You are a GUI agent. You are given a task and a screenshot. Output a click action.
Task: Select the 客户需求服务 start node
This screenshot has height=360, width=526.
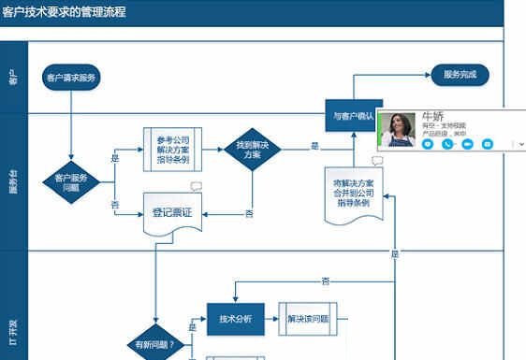71,77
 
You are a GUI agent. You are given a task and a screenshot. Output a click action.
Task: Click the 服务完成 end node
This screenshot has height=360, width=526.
460,75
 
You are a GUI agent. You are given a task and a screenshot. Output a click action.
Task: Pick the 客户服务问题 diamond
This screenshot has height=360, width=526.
71,181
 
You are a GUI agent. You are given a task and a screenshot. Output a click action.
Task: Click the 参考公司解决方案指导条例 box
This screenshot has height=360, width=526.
172,146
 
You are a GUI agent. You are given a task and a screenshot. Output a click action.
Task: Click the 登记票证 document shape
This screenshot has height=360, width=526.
172,213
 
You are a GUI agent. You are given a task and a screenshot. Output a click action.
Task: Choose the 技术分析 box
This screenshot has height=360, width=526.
235,319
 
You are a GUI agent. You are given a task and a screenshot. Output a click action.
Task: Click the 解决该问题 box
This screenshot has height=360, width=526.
307,319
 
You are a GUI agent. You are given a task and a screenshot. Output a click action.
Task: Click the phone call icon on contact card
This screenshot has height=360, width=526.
447,144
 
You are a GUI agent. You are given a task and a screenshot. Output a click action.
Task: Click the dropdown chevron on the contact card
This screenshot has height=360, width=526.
520,144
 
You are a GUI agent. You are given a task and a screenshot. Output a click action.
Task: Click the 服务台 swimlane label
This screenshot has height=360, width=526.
12,182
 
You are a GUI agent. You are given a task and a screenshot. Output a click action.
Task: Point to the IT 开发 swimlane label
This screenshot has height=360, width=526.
12,332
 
